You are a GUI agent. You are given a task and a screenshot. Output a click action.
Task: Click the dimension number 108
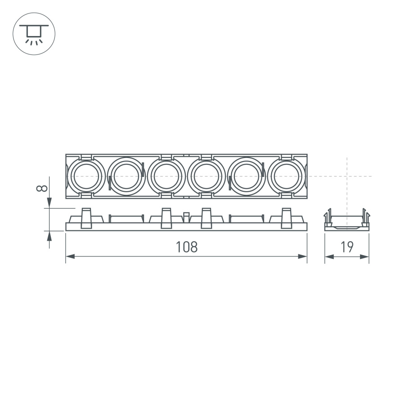(x=186, y=247)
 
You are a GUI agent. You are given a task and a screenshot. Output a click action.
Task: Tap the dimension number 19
(x=347, y=247)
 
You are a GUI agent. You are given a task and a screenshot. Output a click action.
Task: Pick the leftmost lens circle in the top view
(x=85, y=176)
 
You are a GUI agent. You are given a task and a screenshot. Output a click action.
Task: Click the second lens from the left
(x=126, y=176)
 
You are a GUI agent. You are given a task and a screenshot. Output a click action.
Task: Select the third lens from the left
(x=166, y=176)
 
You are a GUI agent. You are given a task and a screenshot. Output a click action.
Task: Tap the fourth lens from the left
(x=206, y=176)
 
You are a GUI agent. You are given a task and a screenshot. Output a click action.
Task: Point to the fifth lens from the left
(x=246, y=176)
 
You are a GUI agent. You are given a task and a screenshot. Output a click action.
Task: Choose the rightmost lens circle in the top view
(x=286, y=176)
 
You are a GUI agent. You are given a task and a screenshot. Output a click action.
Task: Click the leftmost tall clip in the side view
(x=86, y=218)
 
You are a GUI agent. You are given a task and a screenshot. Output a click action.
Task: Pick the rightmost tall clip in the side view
(x=286, y=218)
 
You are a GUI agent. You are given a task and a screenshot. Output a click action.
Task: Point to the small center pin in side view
(x=186, y=217)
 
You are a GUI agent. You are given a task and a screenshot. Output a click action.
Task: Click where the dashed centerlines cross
(x=347, y=176)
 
